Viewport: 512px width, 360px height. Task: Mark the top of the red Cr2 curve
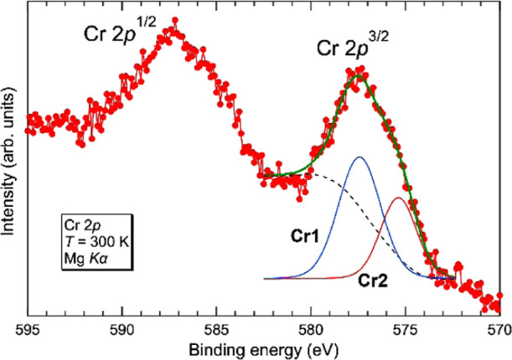click(399, 198)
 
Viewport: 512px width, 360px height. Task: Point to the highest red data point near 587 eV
click(173, 28)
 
